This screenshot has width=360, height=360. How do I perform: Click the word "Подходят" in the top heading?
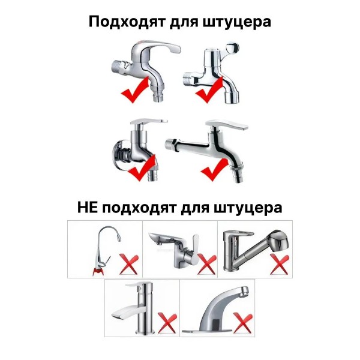pos(127,22)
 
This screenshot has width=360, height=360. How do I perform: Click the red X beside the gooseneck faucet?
pos(129,264)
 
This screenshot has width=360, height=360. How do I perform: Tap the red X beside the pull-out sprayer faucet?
pos(280,264)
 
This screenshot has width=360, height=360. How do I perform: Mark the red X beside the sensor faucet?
pos(242,323)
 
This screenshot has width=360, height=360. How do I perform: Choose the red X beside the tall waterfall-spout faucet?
pos(167,323)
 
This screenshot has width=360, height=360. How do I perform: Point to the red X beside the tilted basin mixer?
pos(206,264)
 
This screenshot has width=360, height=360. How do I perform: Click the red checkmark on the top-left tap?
pos(135,90)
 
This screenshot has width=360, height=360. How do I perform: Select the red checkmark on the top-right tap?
pos(209,90)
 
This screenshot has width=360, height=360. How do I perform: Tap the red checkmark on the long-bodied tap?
pos(215,169)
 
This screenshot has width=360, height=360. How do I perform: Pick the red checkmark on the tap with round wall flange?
pos(142,168)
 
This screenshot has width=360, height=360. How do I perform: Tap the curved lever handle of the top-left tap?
pos(158,46)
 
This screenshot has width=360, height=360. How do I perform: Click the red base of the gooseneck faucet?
pos(98,272)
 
